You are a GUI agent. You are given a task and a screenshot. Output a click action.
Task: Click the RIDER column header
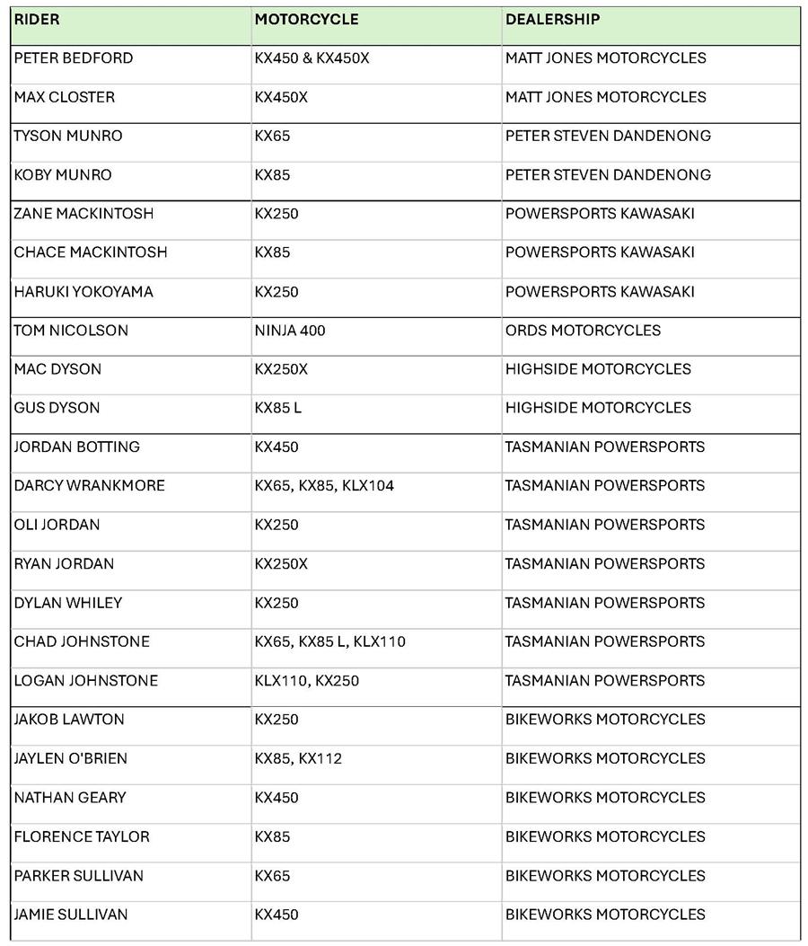[x=37, y=19]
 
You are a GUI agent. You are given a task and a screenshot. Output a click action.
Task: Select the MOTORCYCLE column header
[x=306, y=19]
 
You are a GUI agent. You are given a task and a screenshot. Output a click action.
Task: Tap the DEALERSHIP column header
[x=552, y=19]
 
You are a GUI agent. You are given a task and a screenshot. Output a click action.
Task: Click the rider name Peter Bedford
[x=74, y=58]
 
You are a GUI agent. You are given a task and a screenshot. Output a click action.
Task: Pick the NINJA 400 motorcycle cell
[x=290, y=331]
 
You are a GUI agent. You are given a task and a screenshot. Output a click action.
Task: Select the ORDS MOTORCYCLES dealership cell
[x=583, y=331]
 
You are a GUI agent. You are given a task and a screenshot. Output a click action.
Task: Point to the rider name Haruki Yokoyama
[x=83, y=292]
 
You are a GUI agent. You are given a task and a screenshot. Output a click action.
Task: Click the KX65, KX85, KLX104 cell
[x=324, y=486]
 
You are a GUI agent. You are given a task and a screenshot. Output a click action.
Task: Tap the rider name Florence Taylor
[x=82, y=836]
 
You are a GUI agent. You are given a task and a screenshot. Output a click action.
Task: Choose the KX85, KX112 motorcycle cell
[x=298, y=759]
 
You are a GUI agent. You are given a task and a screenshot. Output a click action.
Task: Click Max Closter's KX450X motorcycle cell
[x=281, y=97]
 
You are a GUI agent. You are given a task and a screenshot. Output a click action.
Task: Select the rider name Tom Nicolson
[x=71, y=331]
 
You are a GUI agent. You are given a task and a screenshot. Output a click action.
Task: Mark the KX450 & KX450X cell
[x=312, y=58]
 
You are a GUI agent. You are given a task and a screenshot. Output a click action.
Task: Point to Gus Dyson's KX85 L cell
[x=278, y=408]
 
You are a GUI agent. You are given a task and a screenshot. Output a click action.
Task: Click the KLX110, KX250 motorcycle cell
[x=306, y=681]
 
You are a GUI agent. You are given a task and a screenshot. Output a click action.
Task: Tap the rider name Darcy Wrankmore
[x=89, y=486]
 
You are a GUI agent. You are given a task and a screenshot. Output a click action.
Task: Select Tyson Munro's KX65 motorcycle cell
[x=272, y=136]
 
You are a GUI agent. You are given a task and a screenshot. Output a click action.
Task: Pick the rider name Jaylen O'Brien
[x=71, y=759]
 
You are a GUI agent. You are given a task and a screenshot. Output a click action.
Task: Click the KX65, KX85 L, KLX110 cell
[x=329, y=641]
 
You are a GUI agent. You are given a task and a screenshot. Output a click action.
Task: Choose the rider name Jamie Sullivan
[x=71, y=915]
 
